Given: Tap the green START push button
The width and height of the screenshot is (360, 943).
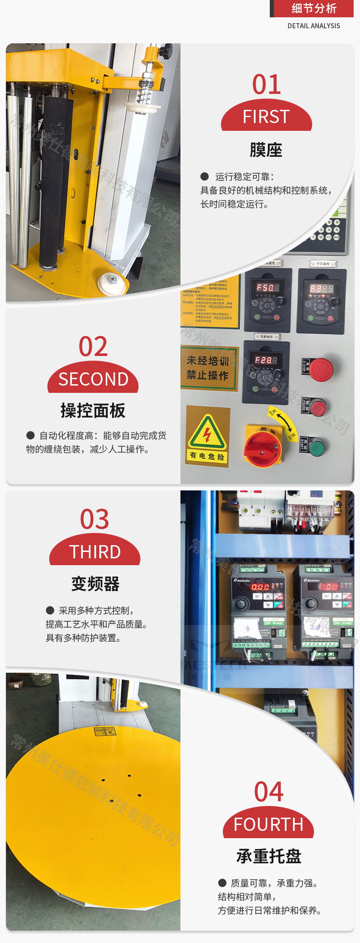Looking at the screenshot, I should coord(316,447).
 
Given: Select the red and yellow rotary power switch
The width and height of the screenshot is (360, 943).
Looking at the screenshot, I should coord(263,446).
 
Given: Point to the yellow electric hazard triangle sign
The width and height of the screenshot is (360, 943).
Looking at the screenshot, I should coord(207,433).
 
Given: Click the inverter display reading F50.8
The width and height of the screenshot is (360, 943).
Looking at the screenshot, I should coord(267,288).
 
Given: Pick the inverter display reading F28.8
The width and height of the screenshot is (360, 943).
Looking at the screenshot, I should coord(266,360).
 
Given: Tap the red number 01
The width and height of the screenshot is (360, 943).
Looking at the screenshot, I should coord(267,85).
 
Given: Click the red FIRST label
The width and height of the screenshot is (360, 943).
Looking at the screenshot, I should coord(267,117).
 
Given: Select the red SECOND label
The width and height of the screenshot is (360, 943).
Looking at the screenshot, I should coord(93,379).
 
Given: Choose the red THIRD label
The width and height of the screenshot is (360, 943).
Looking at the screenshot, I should coord(95,551).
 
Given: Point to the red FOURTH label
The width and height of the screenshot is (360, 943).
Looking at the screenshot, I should coord(268,824).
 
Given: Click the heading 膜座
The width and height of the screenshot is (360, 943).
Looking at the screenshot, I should coord(266,150).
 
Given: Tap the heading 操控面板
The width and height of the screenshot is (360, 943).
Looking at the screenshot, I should coord(93,411).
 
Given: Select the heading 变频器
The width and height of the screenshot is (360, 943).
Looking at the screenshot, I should coord(95,584).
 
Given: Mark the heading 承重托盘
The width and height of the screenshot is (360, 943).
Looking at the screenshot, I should coord(269,856).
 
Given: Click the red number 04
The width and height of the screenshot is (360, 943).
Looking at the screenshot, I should coord(269,792).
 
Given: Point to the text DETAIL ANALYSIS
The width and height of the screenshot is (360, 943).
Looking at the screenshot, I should coord(314,26).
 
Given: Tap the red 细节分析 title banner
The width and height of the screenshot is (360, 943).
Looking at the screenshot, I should coord(314,9).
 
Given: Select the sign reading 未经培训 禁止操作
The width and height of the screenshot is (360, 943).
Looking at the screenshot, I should coord(208,368).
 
